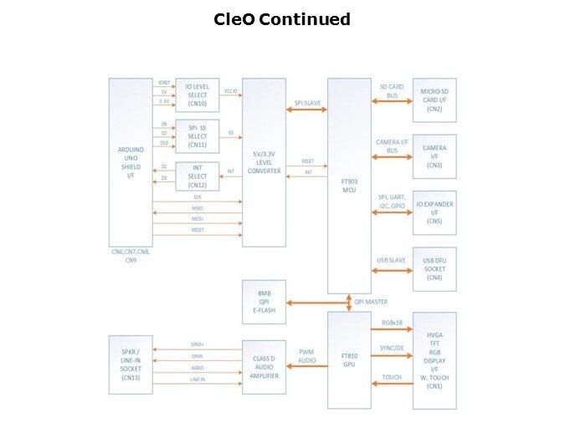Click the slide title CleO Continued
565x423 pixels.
click(x=282, y=19)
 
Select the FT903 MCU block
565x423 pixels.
click(x=348, y=184)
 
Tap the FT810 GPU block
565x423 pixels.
click(x=348, y=359)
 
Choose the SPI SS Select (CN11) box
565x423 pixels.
click(x=198, y=136)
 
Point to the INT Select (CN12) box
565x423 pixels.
click(x=198, y=176)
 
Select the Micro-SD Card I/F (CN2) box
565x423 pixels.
click(x=434, y=101)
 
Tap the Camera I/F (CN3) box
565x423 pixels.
click(x=434, y=156)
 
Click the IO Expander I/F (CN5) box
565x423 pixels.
click(x=434, y=212)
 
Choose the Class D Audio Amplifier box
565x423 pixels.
click(x=265, y=366)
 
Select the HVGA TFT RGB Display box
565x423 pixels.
click(x=434, y=359)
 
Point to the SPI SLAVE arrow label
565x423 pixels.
click(x=307, y=103)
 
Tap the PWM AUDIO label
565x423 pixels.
click(x=306, y=357)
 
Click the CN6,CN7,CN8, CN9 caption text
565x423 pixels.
click(x=130, y=254)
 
